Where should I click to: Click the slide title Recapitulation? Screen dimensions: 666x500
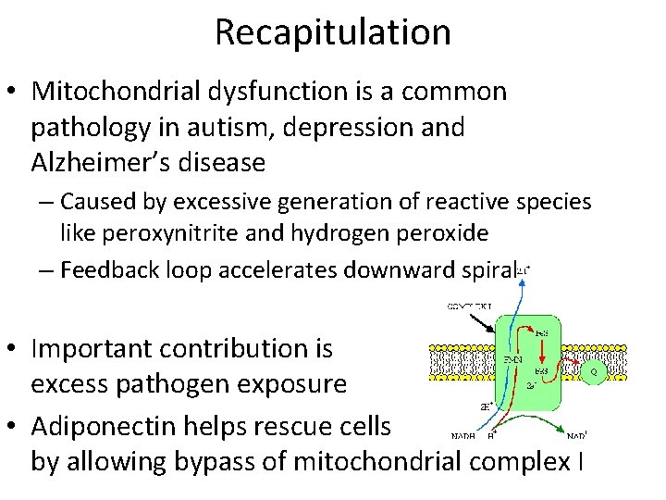coord(333,31)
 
